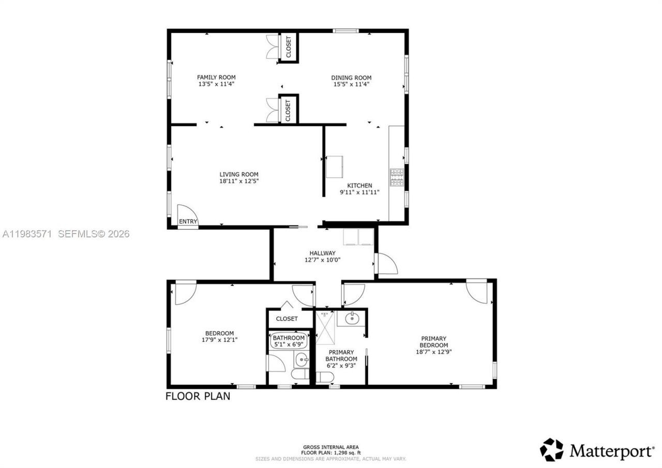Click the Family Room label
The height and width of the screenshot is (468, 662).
pyautogui.click(x=216, y=77)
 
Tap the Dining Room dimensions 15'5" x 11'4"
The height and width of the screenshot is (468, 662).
pyautogui.click(x=351, y=84)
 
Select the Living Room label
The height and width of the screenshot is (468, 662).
pyautogui.click(x=238, y=174)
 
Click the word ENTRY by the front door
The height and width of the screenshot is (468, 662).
pyautogui.click(x=188, y=222)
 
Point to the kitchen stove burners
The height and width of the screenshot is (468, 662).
pyautogui.click(x=397, y=178)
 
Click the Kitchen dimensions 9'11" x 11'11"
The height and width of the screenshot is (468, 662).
pyautogui.click(x=359, y=192)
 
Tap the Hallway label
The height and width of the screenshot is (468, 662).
pyautogui.click(x=323, y=253)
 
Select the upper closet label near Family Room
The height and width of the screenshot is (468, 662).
pyautogui.click(x=289, y=47)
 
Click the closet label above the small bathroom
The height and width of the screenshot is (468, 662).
pyautogui.click(x=287, y=319)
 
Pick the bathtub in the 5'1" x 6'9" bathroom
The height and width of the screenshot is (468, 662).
pyautogui.click(x=289, y=341)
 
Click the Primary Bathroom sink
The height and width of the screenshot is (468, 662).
pyautogui.click(x=352, y=318)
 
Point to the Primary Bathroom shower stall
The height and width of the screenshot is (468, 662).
pyautogui.click(x=325, y=327)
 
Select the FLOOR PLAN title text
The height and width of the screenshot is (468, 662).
pyautogui.click(x=198, y=397)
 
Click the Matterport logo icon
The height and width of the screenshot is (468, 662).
pyautogui.click(x=551, y=450)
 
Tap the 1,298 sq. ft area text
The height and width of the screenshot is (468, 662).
pyautogui.click(x=331, y=453)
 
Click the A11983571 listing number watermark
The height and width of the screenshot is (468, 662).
pyautogui.click(x=27, y=234)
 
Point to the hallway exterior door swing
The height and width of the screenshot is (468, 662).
pyautogui.click(x=387, y=264)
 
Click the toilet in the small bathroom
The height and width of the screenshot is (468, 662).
pyautogui.click(x=300, y=374)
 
